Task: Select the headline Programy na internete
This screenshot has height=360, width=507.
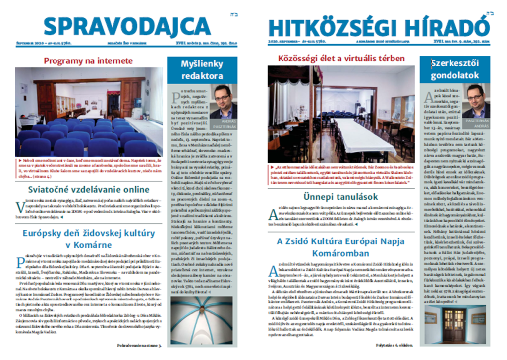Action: pos(88,61)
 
